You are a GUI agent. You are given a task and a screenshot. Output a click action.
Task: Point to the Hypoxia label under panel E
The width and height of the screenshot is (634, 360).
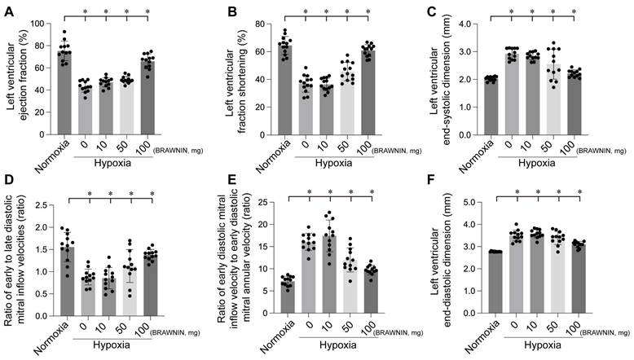point(339,351)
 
